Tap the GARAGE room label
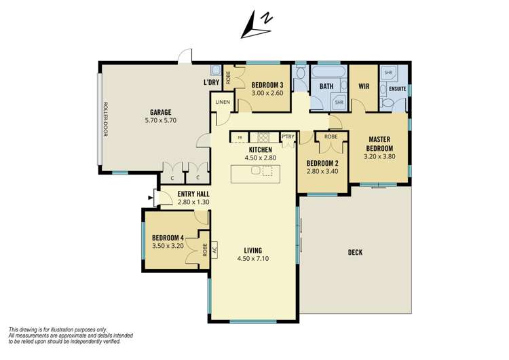pyautogui.click(x=160, y=112)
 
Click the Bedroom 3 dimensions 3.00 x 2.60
pyautogui.click(x=267, y=93)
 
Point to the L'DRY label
pyautogui.click(x=210, y=83)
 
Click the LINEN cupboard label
pyautogui.click(x=223, y=102)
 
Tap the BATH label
pyautogui.click(x=326, y=86)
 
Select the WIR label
pyautogui.click(x=363, y=86)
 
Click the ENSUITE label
pyautogui.click(x=398, y=88)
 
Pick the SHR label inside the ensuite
pyautogui.click(x=388, y=72)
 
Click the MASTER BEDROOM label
pyautogui.click(x=379, y=143)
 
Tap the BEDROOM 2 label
pyautogui.click(x=322, y=163)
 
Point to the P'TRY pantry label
pyautogui.click(x=288, y=137)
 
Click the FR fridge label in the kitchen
pyautogui.click(x=239, y=138)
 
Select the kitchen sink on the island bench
pyautogui.click(x=256, y=171)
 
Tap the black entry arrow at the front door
pyautogui.click(x=149, y=198)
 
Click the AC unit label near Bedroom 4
pyautogui.click(x=214, y=249)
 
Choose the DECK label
pyautogui.click(x=355, y=252)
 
